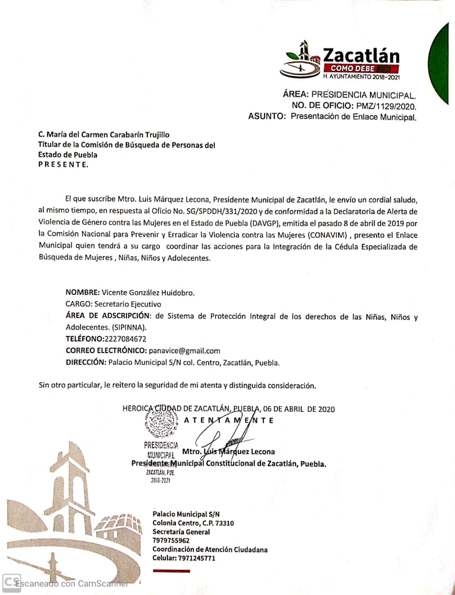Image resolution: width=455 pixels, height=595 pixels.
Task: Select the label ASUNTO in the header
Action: [267, 117]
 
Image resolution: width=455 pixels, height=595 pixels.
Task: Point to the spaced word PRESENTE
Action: [62, 165]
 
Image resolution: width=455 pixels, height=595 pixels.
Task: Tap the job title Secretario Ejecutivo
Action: [128, 304]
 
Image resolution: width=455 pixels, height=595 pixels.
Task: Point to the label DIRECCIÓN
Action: [86, 363]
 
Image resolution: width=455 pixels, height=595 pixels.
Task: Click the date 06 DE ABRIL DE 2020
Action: [298, 409]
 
